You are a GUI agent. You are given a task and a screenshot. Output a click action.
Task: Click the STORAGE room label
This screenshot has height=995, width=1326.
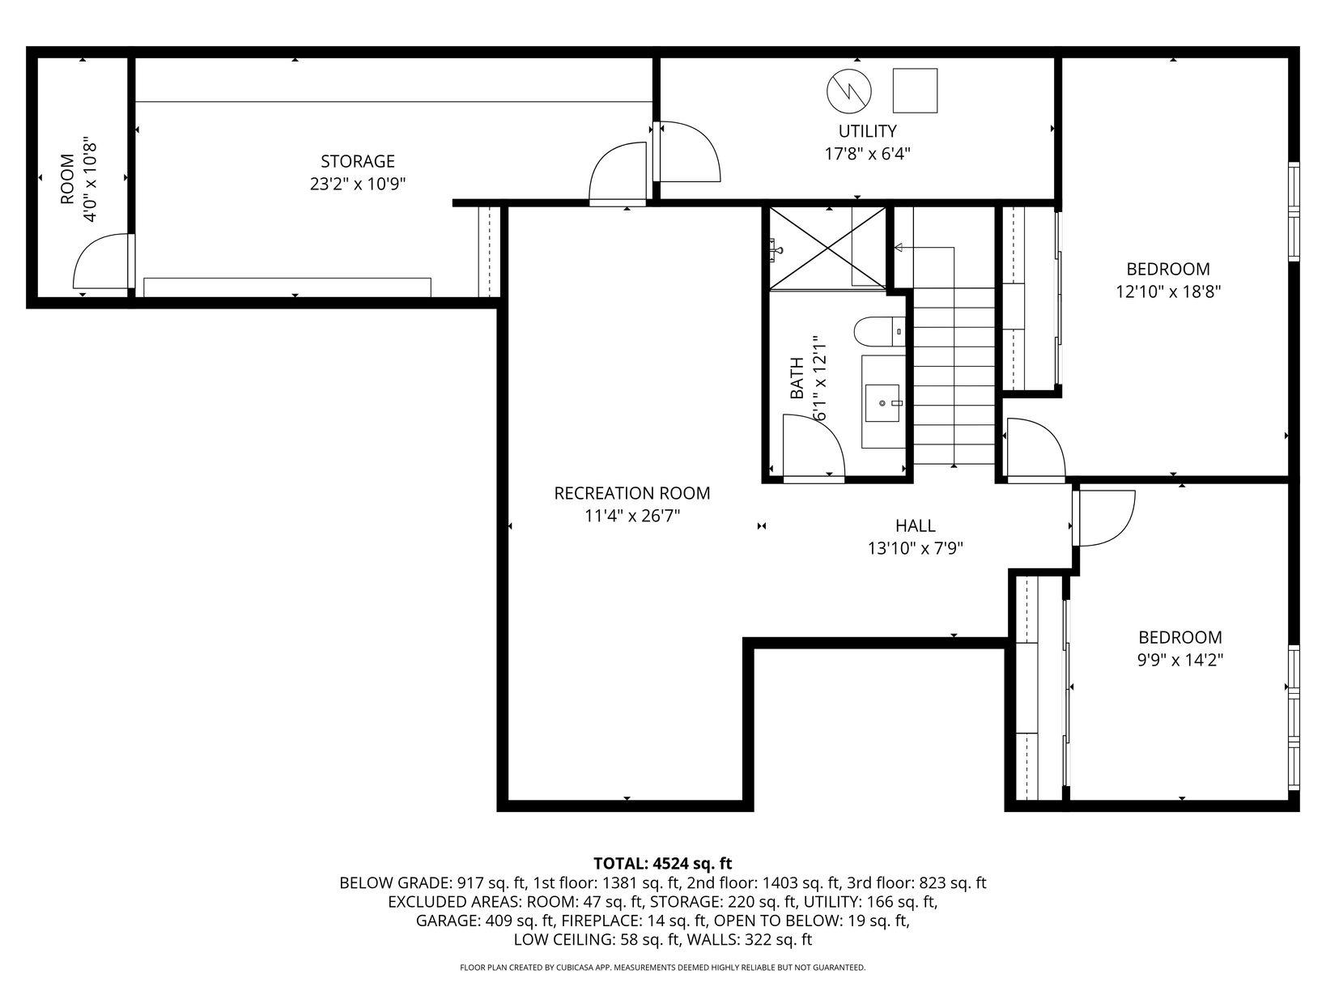point(358,161)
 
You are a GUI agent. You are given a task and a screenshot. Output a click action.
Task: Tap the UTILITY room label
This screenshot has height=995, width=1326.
point(867,131)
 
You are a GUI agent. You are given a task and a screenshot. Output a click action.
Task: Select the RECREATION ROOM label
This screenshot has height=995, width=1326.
point(632,494)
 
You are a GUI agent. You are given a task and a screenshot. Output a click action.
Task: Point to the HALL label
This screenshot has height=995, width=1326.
point(916,525)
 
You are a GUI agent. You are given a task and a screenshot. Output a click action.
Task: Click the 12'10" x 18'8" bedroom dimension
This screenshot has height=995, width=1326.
point(1167,291)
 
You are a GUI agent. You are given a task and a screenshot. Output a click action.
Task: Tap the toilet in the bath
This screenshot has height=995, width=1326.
point(880,332)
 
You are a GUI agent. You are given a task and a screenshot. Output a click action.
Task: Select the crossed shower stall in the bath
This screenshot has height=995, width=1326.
point(827,248)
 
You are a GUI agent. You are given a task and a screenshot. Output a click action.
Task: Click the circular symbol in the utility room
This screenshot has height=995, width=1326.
point(848,91)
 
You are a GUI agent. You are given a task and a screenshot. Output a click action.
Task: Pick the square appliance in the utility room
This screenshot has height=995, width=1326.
point(916,91)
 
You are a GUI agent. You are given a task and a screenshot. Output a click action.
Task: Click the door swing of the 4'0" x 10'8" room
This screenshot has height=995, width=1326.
point(101,261)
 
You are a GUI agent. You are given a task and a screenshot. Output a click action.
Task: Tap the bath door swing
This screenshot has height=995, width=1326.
point(814,446)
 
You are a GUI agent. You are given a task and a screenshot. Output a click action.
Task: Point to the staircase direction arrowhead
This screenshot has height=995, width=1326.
point(898,248)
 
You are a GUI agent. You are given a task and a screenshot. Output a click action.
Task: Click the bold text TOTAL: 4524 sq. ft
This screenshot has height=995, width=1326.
point(663,863)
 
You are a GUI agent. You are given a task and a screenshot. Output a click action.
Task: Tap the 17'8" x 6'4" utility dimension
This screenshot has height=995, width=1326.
point(868,154)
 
